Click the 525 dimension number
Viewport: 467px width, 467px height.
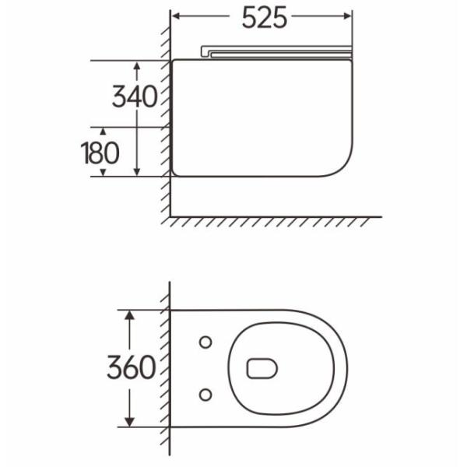click(264, 18)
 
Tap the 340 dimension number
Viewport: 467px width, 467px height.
click(135, 97)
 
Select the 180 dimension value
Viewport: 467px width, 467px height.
click(100, 153)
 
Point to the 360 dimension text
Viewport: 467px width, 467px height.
click(132, 367)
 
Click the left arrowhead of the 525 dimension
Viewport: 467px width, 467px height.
click(176, 16)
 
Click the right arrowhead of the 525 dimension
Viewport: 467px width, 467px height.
click(348, 16)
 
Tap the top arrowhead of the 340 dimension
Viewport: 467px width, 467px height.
click(137, 65)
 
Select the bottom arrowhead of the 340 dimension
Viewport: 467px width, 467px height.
click(137, 171)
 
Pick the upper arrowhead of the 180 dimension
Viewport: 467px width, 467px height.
click(103, 132)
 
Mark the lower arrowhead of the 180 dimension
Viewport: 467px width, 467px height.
click(103, 173)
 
